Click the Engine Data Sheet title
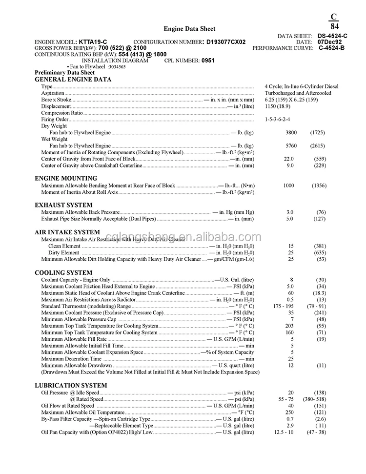[189, 29]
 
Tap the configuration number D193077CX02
[226, 42]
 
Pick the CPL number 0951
[208, 61]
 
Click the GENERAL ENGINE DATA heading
[73, 79]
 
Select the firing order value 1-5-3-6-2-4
[278, 119]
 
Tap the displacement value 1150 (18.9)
[278, 106]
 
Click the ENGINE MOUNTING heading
[66, 178]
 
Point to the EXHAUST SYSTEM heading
[63, 205]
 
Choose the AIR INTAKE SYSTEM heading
[67, 232]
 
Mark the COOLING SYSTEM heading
[63, 272]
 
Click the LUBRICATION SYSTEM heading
[71, 385]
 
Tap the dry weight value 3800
[291, 132]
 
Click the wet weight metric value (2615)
[318, 145]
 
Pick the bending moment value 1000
[289, 185]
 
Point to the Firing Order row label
[55, 119]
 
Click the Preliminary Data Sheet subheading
[65, 73]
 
